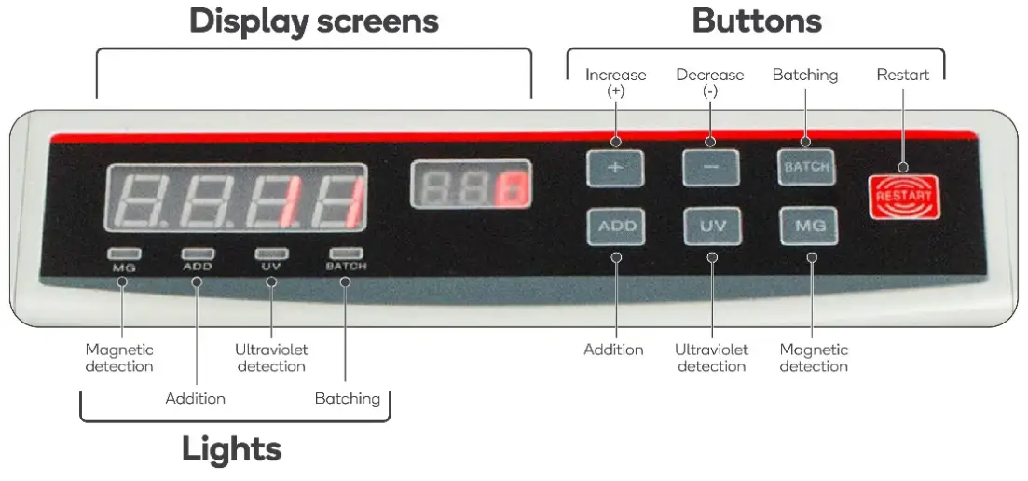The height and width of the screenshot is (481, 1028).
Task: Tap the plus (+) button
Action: click(x=616, y=169)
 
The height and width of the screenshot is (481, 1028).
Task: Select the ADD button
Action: click(x=616, y=227)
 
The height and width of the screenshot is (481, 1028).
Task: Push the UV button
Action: click(x=712, y=227)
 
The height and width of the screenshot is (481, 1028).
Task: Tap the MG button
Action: click(x=808, y=227)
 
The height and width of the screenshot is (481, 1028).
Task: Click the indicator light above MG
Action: click(x=121, y=253)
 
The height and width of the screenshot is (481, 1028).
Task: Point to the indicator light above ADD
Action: click(x=196, y=253)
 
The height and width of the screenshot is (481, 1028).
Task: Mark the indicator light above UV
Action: click(x=271, y=253)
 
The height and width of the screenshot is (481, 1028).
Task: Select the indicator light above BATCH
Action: click(x=346, y=253)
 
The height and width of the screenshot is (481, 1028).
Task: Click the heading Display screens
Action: click(x=314, y=21)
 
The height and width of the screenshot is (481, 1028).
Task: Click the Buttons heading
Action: click(x=756, y=21)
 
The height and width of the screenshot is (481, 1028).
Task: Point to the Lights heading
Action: click(x=231, y=449)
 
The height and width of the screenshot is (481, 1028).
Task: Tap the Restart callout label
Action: click(x=902, y=75)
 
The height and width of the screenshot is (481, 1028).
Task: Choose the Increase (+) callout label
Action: click(x=616, y=81)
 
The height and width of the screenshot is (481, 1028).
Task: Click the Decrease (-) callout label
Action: click(x=710, y=81)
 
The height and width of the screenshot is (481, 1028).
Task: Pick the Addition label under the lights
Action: click(x=196, y=399)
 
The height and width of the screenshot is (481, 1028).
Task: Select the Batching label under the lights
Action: click(x=347, y=399)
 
